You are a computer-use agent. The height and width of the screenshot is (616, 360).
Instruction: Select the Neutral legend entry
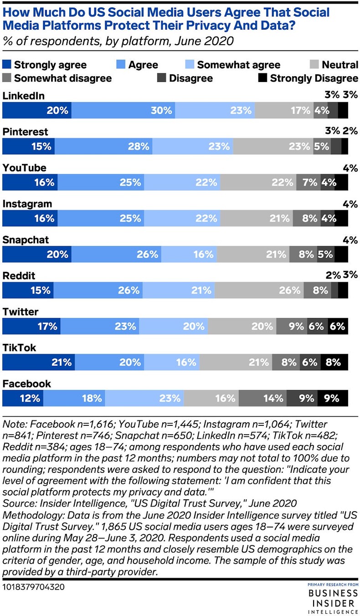point(334,65)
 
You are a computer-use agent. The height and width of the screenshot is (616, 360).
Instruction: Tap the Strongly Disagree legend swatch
point(262,78)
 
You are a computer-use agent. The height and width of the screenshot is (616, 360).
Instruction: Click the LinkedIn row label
point(23,96)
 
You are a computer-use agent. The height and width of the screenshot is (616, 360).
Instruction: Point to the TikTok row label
point(19,348)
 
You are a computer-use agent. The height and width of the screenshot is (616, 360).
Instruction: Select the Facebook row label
point(26,384)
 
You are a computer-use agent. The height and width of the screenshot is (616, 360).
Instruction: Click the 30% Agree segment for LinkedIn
point(123,110)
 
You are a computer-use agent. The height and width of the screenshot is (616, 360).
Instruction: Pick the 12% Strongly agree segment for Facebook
point(23,399)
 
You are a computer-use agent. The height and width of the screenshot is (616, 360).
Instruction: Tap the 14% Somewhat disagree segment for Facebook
point(262,399)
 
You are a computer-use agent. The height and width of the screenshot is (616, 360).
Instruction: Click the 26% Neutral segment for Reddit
point(259,290)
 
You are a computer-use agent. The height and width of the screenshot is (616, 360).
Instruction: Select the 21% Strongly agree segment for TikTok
point(39,362)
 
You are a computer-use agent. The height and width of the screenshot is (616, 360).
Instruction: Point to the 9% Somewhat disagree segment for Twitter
point(291,326)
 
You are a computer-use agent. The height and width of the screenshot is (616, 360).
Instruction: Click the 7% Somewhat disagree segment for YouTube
point(309,182)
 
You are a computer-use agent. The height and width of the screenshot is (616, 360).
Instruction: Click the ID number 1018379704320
point(34,586)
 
